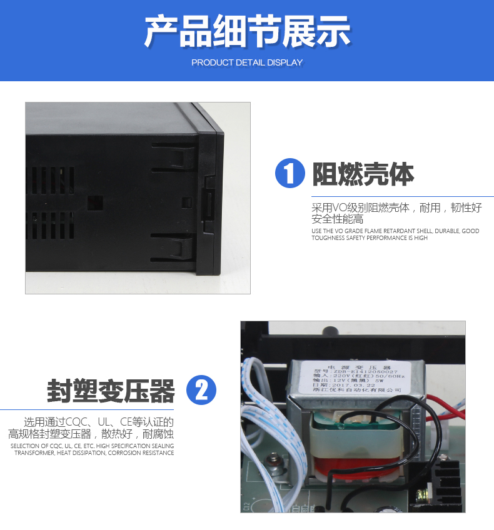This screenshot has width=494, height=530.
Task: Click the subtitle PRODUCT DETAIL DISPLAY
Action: point(247,62)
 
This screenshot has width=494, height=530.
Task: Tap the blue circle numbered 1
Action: point(290,173)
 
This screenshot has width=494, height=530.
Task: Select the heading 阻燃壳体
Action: point(363,174)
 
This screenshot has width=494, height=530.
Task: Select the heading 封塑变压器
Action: point(111,391)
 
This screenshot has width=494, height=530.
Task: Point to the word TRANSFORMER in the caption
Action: point(35,452)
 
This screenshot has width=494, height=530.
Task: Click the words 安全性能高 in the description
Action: point(337,219)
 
